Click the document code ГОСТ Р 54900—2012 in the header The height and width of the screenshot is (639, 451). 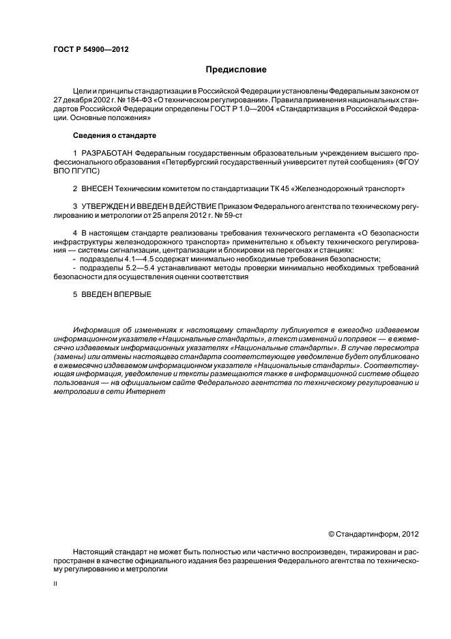click(x=91, y=50)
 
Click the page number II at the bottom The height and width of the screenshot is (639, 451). click(x=55, y=584)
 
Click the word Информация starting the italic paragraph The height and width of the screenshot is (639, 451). click(x=95, y=330)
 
